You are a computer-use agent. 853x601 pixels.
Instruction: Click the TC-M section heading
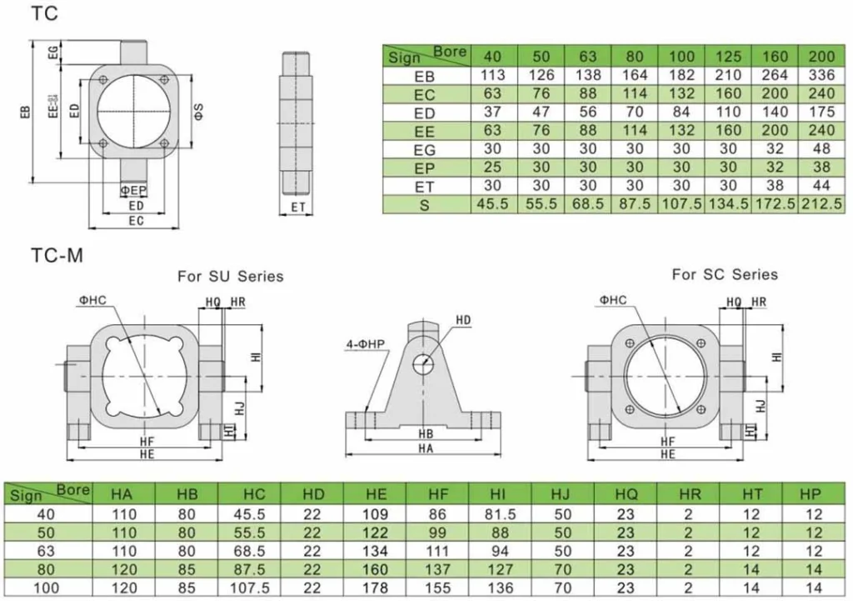[57, 256]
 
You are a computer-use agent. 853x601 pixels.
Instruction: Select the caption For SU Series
[230, 276]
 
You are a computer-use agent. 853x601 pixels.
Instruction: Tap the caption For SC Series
[725, 274]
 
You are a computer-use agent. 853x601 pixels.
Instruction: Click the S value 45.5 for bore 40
[493, 204]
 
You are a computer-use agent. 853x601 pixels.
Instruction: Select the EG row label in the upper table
[425, 150]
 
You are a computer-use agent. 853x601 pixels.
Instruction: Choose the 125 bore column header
[728, 57]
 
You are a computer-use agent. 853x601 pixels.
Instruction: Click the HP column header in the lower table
[810, 494]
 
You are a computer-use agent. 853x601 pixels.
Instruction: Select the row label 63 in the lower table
[47, 551]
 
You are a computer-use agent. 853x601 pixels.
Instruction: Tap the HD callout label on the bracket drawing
[464, 320]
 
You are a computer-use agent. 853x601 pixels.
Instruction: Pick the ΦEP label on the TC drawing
[133, 191]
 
